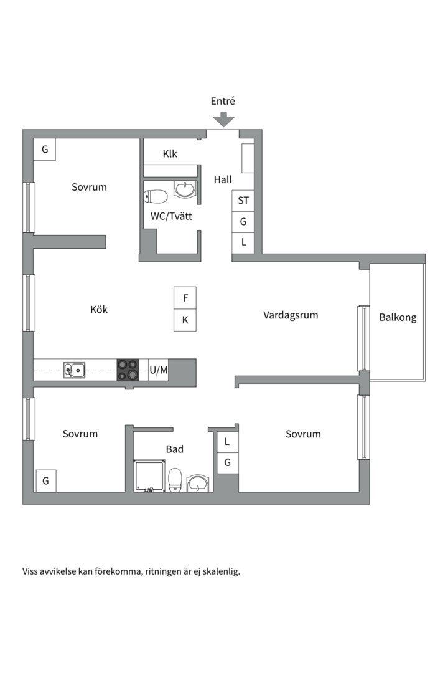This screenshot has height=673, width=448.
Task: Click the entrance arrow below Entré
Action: (223, 119)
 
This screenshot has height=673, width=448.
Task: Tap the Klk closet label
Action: (170, 154)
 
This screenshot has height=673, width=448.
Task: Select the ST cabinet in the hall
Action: (243, 201)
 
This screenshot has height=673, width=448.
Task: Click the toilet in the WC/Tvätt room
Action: (155, 197)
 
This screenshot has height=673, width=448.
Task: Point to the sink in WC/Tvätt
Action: (185, 189)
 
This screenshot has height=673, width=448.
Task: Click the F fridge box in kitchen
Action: (185, 298)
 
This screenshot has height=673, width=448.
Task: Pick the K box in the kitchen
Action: (185, 320)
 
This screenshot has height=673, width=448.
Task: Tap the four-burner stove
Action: (128, 370)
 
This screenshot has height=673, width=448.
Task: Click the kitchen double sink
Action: (74, 370)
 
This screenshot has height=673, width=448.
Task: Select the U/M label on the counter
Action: (158, 370)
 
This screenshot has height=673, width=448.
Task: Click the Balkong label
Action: (398, 318)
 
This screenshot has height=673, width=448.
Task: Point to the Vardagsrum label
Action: (291, 315)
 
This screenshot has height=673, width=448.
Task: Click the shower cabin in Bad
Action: (149, 476)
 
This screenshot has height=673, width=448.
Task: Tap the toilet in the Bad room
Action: (175, 480)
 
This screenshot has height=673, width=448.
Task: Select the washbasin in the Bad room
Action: (198, 483)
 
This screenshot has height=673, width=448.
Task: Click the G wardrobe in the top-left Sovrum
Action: (45, 150)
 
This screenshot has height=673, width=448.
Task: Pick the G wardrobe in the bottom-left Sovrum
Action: (45, 481)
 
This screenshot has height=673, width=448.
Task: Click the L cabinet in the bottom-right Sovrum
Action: (227, 442)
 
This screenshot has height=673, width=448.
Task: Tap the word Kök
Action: (99, 310)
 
